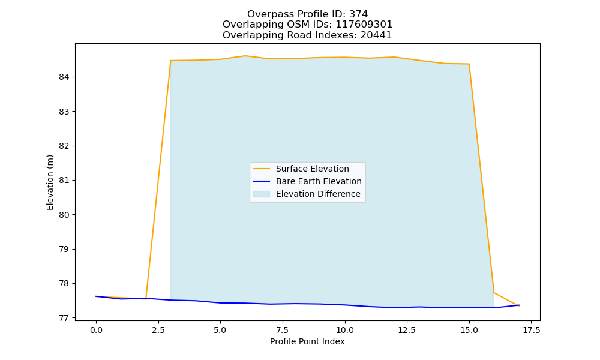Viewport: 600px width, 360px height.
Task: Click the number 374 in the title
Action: [x=359, y=14]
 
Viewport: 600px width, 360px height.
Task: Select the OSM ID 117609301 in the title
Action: [x=364, y=25]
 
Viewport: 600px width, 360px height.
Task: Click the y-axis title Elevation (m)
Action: [x=50, y=182]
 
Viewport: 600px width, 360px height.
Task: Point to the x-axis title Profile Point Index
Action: [x=307, y=341]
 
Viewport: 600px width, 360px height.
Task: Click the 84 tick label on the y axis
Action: [x=64, y=77]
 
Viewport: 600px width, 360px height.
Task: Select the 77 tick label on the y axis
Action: [x=64, y=318]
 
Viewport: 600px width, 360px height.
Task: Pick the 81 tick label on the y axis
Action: [x=64, y=180]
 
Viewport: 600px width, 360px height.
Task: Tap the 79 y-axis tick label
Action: [x=64, y=249]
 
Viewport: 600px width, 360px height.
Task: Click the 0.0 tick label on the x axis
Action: [x=96, y=330]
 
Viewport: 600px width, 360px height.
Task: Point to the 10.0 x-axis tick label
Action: [x=345, y=330]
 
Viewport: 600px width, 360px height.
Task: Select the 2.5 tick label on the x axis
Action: [x=158, y=330]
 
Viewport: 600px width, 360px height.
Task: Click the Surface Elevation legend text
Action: [x=312, y=169]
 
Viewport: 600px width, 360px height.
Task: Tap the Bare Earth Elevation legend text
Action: [x=319, y=181]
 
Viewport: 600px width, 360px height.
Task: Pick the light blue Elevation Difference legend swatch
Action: [x=262, y=194]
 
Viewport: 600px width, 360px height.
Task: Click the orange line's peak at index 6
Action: [x=245, y=56]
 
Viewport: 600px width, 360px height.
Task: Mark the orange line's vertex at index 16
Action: [x=494, y=293]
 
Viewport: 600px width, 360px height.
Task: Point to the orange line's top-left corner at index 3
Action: [x=170, y=61]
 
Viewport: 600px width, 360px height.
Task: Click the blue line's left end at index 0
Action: [x=96, y=296]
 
